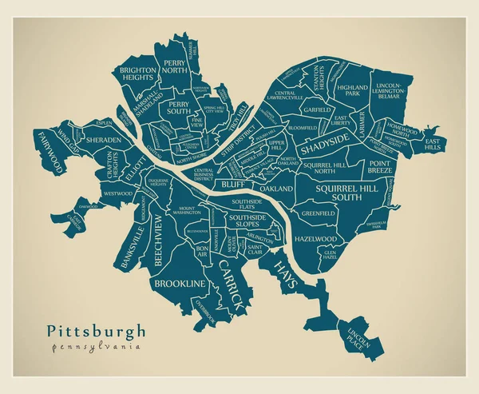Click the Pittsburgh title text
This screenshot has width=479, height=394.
click(96, 330)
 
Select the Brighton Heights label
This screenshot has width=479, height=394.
click(138, 74)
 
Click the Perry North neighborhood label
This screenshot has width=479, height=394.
click(175, 66)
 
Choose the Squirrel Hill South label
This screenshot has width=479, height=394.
click(344, 192)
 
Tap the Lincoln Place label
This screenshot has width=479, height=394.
click(356, 337)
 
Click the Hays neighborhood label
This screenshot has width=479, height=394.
click(285, 273)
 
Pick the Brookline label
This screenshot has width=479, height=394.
click(180, 284)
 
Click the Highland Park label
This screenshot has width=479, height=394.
click(352, 90)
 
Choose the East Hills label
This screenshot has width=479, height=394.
click(434, 144)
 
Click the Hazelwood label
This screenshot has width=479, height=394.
click(315, 238)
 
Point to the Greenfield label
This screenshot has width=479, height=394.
click(318, 213)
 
